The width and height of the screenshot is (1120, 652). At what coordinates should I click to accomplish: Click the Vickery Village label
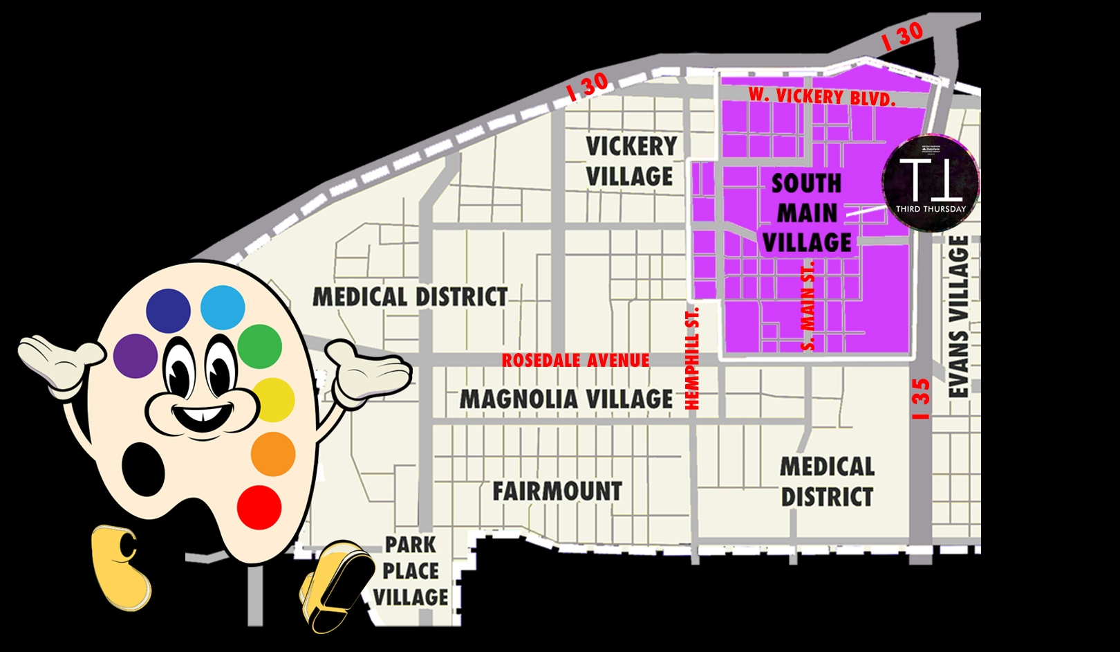tap(631, 161)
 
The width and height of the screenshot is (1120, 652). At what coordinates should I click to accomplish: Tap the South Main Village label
tap(807, 213)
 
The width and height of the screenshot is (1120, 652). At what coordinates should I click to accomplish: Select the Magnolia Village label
tap(566, 399)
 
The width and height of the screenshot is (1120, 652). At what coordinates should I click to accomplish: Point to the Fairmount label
tap(557, 491)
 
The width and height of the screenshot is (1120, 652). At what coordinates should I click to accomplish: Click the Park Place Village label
tap(411, 571)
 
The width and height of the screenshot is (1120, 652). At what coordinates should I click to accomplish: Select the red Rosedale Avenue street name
tap(575, 361)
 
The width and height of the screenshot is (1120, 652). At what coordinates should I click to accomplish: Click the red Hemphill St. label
tap(692, 358)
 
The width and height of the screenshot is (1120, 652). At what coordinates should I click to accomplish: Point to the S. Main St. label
tap(808, 305)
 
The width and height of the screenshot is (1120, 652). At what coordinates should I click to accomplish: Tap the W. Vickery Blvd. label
tap(821, 96)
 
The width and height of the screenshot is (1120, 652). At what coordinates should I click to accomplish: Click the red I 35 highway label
tap(921, 399)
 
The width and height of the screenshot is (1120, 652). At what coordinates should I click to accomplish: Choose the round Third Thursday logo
tap(931, 182)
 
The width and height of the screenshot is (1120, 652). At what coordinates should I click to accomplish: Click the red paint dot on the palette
tap(259, 507)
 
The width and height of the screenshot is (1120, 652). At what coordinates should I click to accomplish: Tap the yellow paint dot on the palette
tap(274, 400)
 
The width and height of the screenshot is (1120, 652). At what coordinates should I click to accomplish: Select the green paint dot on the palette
tap(260, 346)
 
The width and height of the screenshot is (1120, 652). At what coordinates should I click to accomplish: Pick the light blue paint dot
tap(223, 307)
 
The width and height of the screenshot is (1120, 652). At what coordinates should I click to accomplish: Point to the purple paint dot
tap(136, 356)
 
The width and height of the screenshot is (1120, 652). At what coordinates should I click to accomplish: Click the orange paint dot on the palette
tap(273, 454)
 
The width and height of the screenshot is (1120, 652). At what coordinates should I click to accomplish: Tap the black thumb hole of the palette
tap(143, 469)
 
